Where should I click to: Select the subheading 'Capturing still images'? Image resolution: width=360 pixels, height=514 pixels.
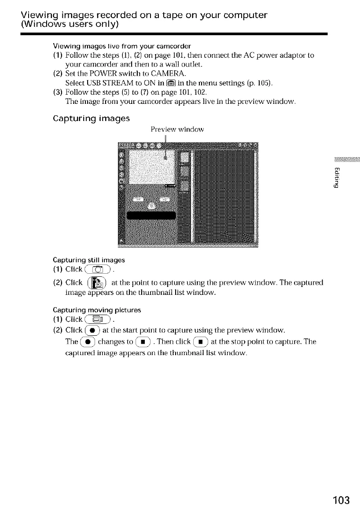[82, 259]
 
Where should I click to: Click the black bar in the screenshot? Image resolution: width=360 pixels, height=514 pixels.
[151, 215]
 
